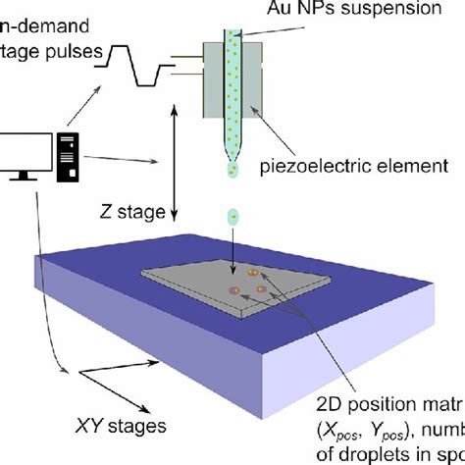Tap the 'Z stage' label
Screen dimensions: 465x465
click(x=133, y=210)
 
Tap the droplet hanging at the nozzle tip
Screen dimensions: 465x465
click(x=232, y=172)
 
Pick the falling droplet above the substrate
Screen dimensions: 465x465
click(x=232, y=216)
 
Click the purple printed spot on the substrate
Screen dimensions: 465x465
click(x=235, y=290)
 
